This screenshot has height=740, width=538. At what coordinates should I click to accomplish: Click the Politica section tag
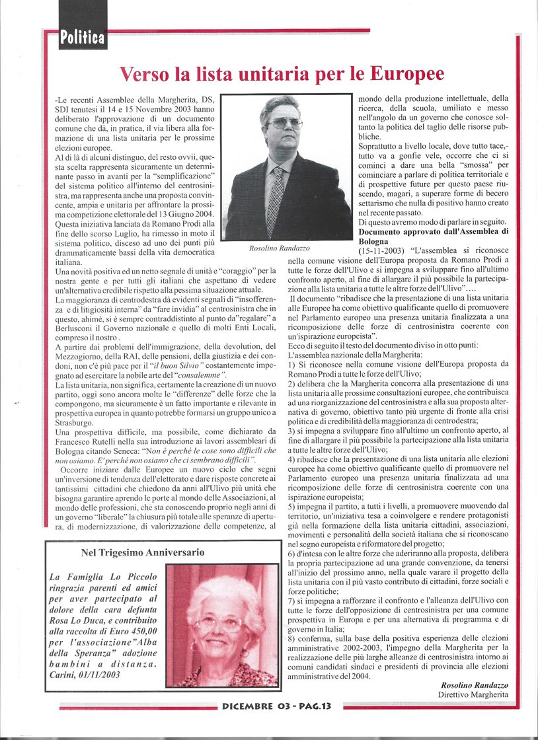83,38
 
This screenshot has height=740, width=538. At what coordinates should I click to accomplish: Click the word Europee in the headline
403,73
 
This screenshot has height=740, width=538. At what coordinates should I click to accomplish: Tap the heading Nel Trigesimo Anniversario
143,552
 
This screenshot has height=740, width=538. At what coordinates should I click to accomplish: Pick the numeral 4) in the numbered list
292,461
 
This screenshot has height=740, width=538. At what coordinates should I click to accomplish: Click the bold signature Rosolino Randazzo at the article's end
474,684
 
